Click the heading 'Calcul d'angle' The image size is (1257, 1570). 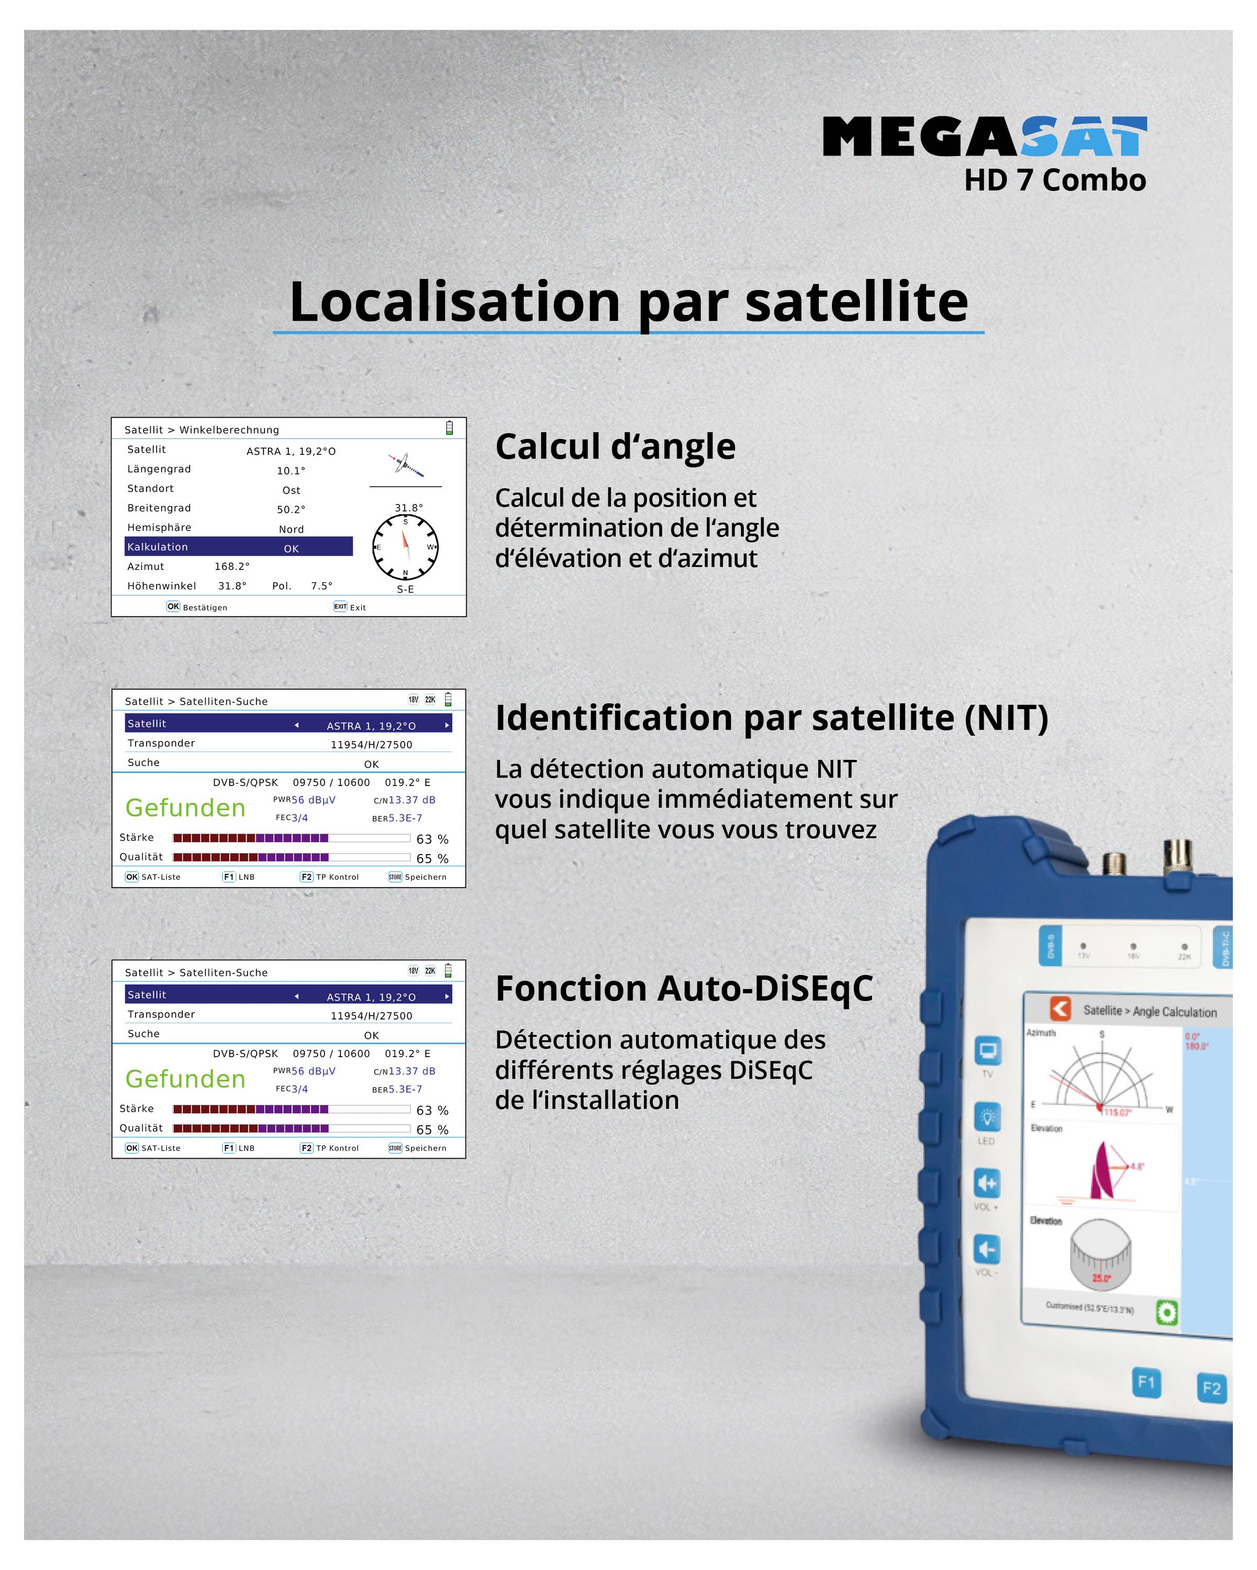click(x=615, y=446)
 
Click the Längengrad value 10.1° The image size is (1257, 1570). click(x=291, y=470)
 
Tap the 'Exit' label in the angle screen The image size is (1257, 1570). click(x=358, y=607)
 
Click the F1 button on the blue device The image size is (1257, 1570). click(x=1145, y=1382)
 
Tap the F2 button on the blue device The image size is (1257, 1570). click(x=1211, y=1388)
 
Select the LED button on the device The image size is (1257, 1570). click(x=987, y=1117)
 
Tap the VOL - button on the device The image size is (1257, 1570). click(x=987, y=1250)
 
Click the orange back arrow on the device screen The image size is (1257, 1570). click(x=1060, y=1008)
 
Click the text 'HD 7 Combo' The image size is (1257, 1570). click(x=1054, y=180)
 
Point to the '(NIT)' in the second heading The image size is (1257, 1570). click(x=1006, y=718)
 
